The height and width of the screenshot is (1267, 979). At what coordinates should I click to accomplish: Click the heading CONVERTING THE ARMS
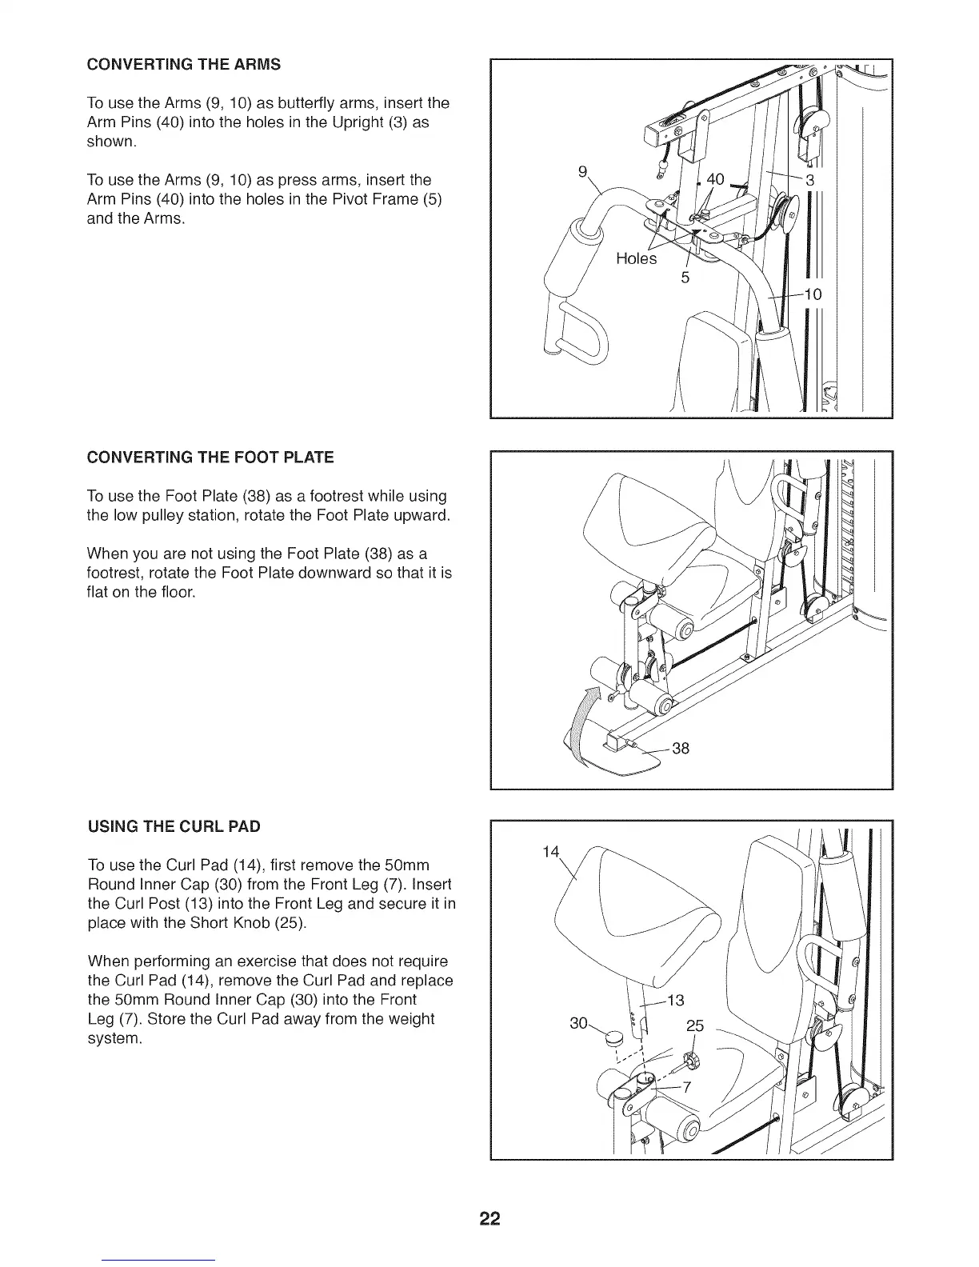(x=183, y=64)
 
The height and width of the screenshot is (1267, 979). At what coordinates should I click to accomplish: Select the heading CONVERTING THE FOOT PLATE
(x=210, y=458)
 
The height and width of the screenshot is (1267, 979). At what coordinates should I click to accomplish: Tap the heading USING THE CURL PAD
(x=174, y=825)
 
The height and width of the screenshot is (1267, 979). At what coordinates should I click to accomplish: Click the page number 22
(x=489, y=1219)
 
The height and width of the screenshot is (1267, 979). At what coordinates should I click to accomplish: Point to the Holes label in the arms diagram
(x=636, y=258)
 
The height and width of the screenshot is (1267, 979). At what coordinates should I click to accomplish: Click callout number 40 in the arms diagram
(x=715, y=179)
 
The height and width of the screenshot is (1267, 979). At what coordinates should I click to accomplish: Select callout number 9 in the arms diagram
(x=582, y=170)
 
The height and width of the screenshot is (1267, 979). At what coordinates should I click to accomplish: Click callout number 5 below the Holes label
(x=685, y=278)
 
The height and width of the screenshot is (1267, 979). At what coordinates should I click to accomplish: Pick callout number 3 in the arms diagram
(x=809, y=180)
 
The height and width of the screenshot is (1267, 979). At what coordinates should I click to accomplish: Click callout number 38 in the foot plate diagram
(x=681, y=749)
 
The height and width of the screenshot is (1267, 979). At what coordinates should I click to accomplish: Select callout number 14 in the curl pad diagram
(x=550, y=852)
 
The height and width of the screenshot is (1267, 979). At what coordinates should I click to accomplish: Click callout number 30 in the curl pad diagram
(x=577, y=1024)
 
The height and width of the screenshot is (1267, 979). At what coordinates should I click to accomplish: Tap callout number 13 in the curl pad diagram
(x=676, y=1001)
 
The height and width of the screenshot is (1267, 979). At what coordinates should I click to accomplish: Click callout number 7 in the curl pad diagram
(x=685, y=1086)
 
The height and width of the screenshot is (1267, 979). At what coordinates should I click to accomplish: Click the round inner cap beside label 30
(x=614, y=1039)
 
